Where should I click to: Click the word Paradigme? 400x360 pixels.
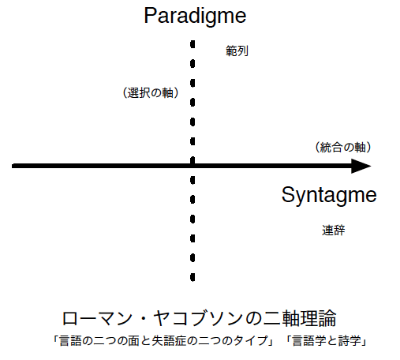click(195, 16)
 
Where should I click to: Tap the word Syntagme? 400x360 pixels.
click(329, 195)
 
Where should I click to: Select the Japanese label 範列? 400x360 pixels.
click(237, 51)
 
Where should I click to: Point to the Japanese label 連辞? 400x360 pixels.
click(334, 231)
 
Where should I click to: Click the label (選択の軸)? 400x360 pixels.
click(151, 93)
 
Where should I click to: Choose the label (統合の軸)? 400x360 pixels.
click(343, 148)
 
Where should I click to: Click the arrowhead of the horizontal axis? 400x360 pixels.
click(361, 166)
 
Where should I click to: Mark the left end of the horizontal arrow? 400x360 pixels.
click(13, 166)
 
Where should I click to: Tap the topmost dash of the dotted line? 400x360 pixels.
click(193, 44)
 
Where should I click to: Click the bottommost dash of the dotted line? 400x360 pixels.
click(193, 277)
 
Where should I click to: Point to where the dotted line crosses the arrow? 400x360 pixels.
click(193, 166)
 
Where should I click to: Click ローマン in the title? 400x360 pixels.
click(97, 318)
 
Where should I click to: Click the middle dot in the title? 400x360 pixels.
click(143, 318)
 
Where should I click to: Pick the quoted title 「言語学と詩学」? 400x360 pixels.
click(326, 341)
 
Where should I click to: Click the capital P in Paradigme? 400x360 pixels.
click(151, 16)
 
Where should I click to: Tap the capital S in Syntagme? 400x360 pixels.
click(289, 194)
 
